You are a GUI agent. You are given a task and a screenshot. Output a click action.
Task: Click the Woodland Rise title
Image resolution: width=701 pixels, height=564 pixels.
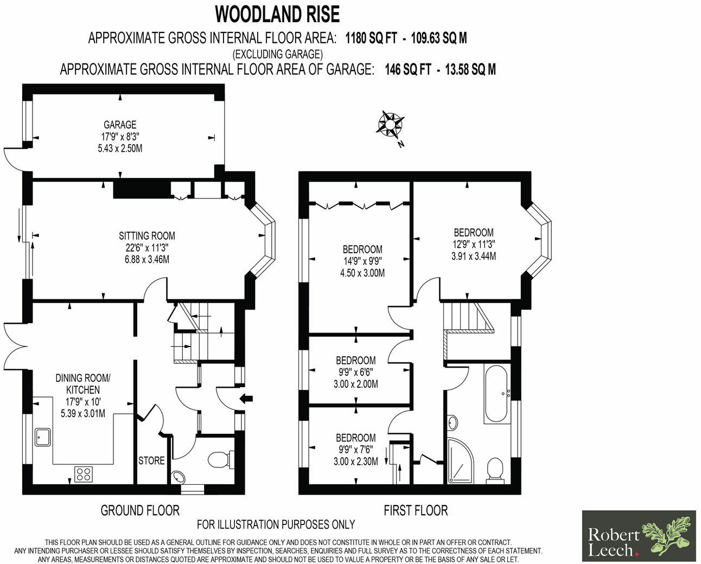(x=277, y=14)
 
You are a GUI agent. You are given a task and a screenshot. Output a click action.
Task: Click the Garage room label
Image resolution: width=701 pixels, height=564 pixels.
(x=120, y=125)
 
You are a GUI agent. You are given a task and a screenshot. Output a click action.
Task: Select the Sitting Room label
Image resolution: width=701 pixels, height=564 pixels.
(x=147, y=236)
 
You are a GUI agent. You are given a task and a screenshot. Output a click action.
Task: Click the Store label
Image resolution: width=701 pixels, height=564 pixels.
(x=151, y=460)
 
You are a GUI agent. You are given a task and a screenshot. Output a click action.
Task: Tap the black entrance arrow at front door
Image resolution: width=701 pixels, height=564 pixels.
(x=246, y=399)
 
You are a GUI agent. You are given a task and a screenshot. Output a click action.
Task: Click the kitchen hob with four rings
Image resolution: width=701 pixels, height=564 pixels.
(x=84, y=474)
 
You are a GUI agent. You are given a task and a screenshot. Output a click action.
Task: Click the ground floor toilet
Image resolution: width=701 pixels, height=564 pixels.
(x=219, y=459)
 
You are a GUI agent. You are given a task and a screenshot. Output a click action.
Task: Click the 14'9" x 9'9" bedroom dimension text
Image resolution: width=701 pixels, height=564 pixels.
(x=362, y=261)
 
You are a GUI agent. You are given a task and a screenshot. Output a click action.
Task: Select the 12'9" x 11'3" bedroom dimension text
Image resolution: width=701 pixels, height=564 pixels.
(x=474, y=245)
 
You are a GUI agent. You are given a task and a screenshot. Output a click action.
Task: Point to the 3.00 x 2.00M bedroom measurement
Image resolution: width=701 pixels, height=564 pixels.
(x=356, y=384)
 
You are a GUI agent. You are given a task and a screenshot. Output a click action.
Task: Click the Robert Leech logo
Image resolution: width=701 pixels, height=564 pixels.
(x=639, y=536)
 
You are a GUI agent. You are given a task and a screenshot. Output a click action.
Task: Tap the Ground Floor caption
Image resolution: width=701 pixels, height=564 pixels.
(x=140, y=510)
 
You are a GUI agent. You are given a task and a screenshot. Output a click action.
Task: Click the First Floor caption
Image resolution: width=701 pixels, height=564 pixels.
(x=416, y=510)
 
